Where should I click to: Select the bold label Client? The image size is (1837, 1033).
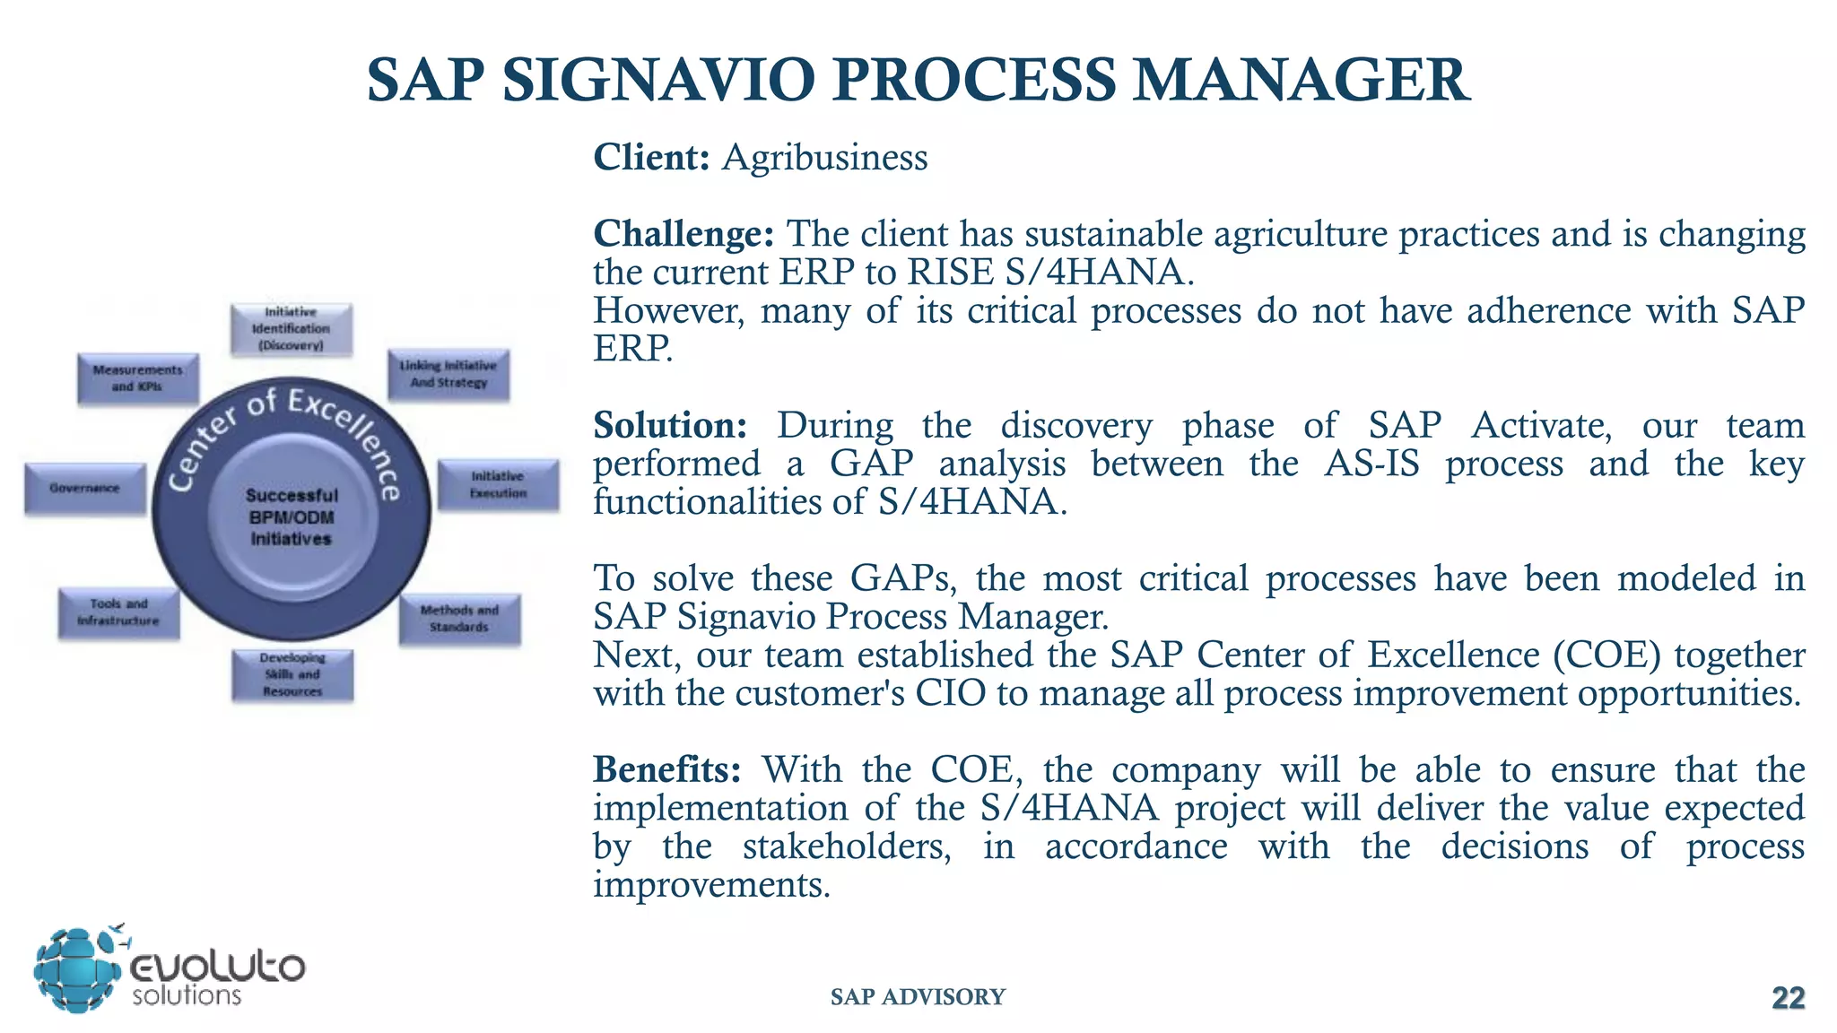point(651,158)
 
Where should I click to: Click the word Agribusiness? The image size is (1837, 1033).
point(824,158)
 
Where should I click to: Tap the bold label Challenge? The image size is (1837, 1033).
point(683,234)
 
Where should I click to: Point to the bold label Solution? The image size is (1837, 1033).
point(670,425)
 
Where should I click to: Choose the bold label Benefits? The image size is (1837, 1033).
point(667,769)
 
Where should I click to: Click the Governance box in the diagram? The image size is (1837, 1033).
point(85,489)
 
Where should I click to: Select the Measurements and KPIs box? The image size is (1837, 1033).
point(137,378)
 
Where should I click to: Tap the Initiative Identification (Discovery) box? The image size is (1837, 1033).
point(291,329)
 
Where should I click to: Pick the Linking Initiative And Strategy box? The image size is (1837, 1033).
point(448,374)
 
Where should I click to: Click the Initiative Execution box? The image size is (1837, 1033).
point(498,484)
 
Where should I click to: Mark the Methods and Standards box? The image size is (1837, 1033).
point(459,619)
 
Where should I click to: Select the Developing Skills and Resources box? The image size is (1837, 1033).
point(292,674)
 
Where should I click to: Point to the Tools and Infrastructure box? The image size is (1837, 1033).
point(118,612)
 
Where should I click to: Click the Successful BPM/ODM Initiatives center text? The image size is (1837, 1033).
point(292,517)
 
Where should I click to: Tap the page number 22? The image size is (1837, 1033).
point(1788,998)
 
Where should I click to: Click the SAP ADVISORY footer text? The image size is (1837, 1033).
point(918,997)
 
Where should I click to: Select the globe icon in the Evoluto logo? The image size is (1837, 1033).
point(76,971)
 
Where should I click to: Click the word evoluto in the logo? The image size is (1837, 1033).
point(218,968)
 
